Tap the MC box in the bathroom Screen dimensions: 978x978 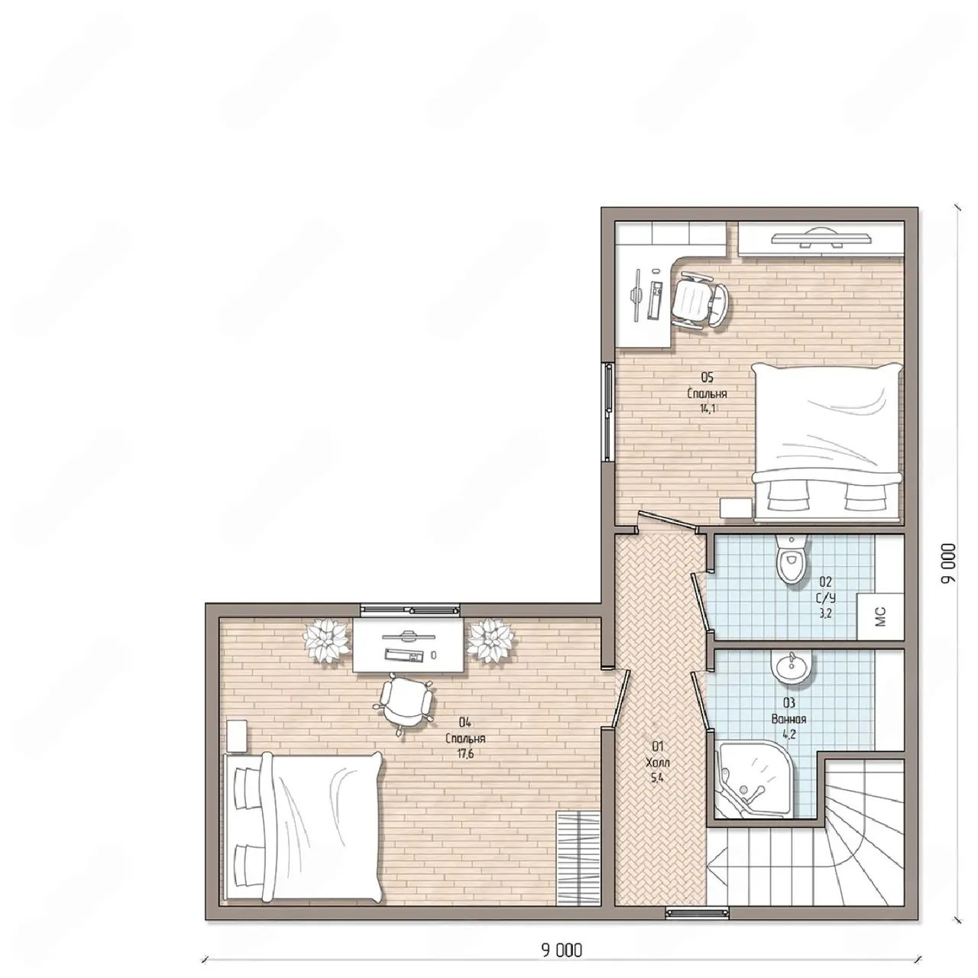880,616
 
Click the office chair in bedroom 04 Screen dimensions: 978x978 404,702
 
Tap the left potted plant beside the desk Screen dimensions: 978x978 325,640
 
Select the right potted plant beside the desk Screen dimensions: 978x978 490,640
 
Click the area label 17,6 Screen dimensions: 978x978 465,753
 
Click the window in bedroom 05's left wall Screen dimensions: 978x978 607,412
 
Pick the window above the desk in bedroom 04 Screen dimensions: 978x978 410,610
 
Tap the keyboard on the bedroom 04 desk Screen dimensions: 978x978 404,656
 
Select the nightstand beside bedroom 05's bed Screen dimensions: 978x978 736,507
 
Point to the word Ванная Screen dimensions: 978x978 789,719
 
